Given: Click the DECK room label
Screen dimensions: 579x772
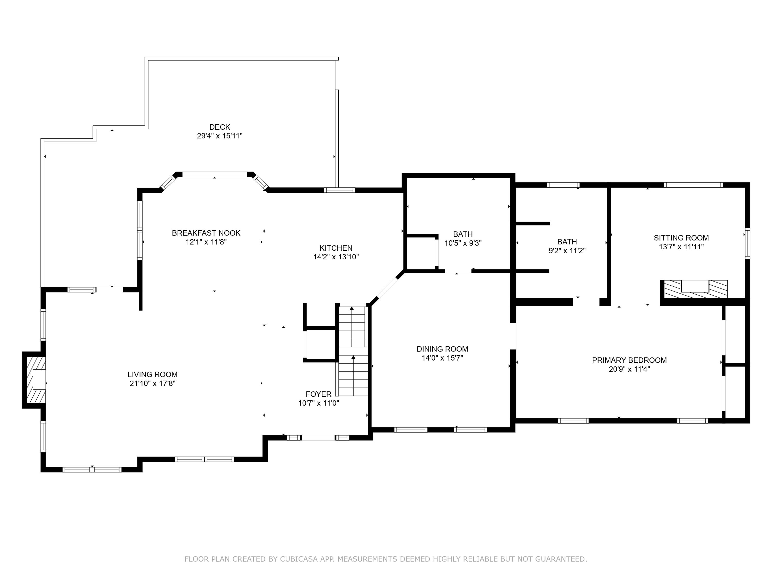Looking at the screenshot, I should point(220,127).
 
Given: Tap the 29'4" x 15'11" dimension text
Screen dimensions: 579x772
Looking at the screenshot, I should point(220,136).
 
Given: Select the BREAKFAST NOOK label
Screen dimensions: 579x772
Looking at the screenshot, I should point(206,233).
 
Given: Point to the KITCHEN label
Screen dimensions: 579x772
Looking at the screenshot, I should point(336,248).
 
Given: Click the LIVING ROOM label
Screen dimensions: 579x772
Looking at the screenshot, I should point(152,374).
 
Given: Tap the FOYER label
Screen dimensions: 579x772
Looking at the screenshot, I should point(318,394).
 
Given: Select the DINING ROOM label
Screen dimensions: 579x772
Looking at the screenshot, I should point(442,349).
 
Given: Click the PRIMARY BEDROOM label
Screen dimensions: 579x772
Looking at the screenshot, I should point(629,360).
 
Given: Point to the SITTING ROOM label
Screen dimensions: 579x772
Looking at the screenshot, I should point(681,238).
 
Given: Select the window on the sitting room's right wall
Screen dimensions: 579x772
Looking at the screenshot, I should point(747,243).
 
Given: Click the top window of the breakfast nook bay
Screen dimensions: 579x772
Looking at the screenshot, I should point(215,174).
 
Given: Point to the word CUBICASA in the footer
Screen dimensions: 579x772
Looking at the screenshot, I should point(299,559).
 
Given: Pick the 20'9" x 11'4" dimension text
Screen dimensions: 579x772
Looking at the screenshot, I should point(629,369).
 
